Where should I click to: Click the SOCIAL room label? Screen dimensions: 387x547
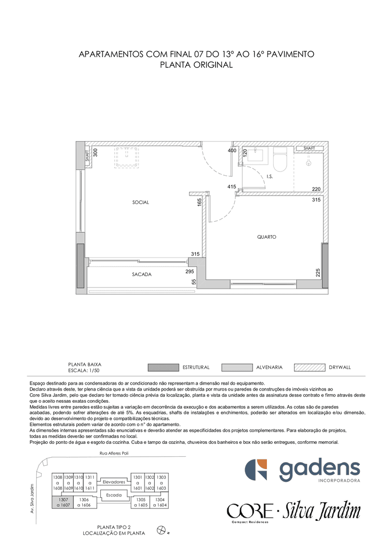click(140, 202)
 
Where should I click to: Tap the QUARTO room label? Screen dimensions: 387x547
click(267, 237)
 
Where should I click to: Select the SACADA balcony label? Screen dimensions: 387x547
click(141, 275)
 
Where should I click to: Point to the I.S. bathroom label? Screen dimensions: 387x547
click(270, 176)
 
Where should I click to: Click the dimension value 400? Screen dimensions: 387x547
click(232, 151)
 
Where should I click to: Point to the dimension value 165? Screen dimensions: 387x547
click(200, 202)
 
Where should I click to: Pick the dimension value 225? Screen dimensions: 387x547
click(318, 272)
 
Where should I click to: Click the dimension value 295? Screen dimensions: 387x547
click(189, 271)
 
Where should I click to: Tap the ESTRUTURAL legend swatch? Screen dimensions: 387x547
click(163, 368)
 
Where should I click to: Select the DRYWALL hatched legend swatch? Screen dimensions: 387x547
click(310, 368)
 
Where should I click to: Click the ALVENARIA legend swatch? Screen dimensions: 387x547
click(236, 368)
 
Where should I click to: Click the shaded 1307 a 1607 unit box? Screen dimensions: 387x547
click(64, 502)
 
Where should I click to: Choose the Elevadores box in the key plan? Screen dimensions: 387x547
click(114, 482)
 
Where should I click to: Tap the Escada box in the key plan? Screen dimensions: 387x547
click(114, 495)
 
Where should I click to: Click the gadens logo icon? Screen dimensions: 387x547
click(256, 470)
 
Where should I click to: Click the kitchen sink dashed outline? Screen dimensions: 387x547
click(127, 158)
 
